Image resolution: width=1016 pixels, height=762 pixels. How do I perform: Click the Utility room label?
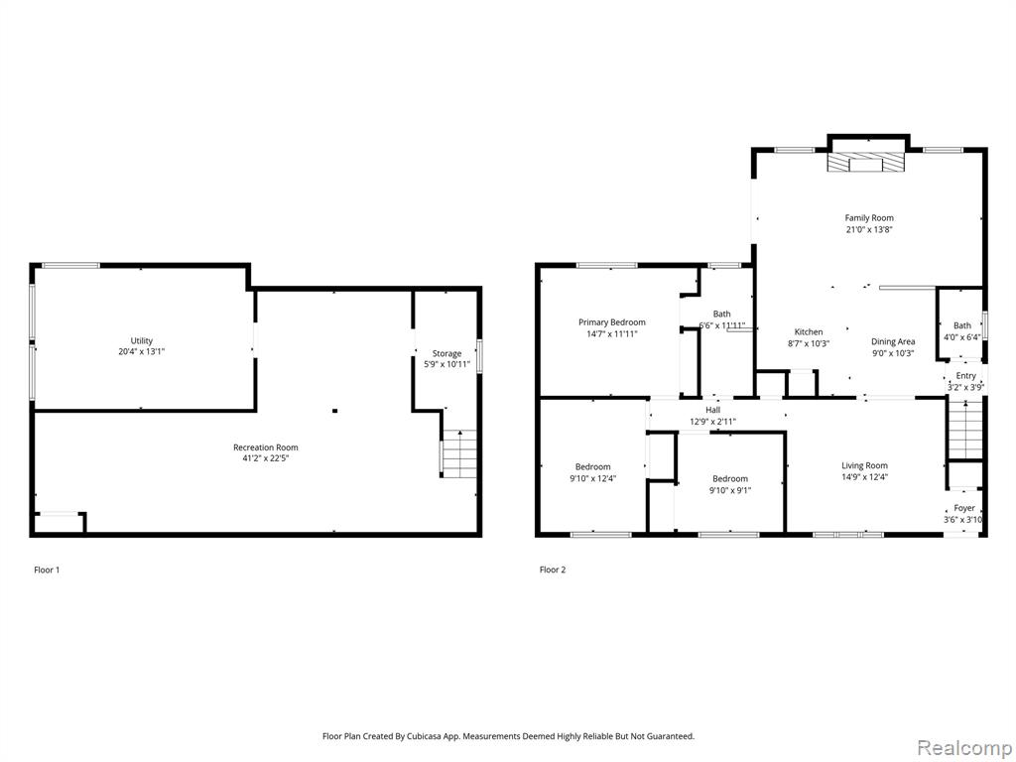click(x=142, y=341)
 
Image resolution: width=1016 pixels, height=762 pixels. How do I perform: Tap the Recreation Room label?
click(x=266, y=447)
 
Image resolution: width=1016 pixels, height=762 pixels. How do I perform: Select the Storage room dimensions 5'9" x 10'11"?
click(x=447, y=364)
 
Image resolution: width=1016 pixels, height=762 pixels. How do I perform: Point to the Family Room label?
click(x=869, y=218)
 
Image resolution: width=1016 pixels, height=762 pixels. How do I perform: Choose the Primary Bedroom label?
click(x=611, y=322)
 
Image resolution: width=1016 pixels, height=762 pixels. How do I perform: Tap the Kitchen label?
click(x=809, y=332)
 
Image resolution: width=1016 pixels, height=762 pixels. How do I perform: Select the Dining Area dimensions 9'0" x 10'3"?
click(x=892, y=353)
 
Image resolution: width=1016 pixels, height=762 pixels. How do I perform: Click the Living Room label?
click(x=864, y=466)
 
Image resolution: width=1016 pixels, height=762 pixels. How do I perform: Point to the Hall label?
click(x=712, y=410)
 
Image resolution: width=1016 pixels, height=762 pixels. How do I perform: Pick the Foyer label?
click(x=964, y=509)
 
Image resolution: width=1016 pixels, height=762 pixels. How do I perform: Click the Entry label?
click(x=965, y=376)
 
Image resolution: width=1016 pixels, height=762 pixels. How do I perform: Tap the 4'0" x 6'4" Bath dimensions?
click(x=962, y=337)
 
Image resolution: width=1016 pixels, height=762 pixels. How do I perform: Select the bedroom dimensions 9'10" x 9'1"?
click(x=730, y=490)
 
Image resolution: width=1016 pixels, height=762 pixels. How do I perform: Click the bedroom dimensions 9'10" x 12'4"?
click(x=593, y=479)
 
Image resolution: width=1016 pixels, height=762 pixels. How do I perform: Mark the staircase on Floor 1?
click(x=459, y=454)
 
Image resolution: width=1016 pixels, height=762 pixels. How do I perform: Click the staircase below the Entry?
click(x=965, y=429)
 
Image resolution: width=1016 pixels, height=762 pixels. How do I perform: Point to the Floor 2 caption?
click(x=553, y=571)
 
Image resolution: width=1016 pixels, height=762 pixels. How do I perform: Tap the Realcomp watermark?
click(x=963, y=748)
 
